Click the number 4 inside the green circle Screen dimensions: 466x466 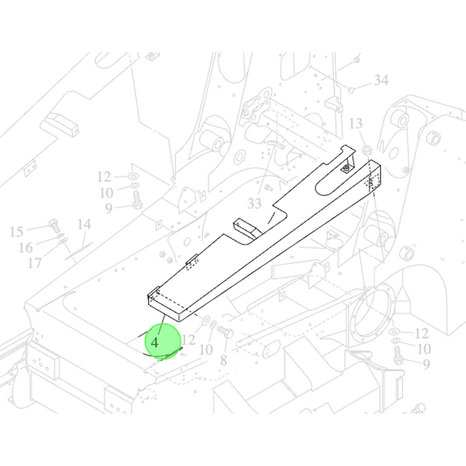pos(155,343)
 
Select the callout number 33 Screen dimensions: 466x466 pos(254,203)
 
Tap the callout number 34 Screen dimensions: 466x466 pos(381,80)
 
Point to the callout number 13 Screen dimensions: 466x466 pos(356,123)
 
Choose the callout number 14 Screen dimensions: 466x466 pos(84,224)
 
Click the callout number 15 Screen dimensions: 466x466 pos(16,232)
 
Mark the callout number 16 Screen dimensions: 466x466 pos(26,247)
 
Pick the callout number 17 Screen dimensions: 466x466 pos(35,263)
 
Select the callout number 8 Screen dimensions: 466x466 pos(224,360)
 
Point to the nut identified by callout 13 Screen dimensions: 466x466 pos(367,150)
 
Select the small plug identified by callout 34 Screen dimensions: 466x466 pos(351,90)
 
